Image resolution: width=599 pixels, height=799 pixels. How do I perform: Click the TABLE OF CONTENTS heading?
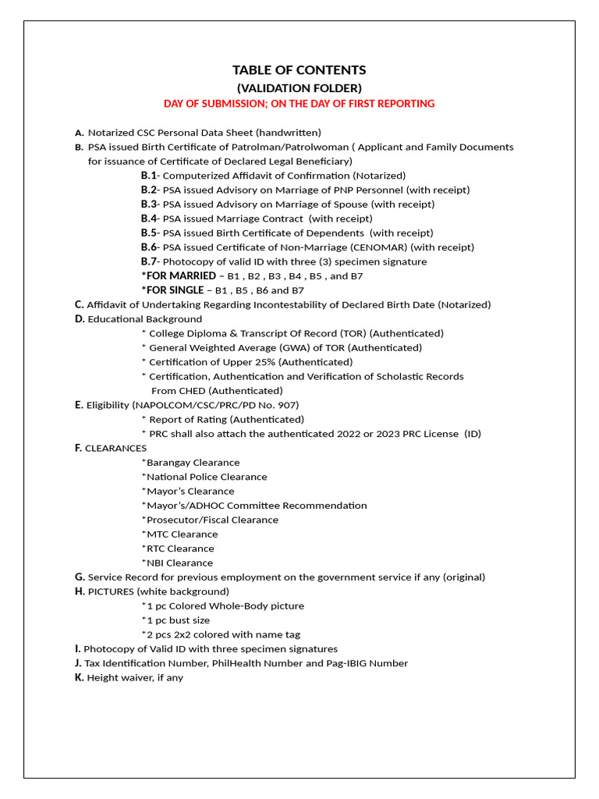pos(299,70)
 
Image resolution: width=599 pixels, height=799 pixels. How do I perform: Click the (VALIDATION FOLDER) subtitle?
pos(299,88)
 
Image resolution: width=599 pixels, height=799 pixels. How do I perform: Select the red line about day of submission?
pos(299,104)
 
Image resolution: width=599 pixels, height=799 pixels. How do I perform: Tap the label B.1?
pos(149,176)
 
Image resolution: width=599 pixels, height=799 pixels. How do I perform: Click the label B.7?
pos(149,261)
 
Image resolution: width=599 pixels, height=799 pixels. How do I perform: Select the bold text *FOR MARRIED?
pos(179,276)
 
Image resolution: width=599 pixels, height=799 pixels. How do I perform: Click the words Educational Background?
pos(144,319)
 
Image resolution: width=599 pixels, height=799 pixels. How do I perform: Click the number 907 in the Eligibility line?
pos(289,405)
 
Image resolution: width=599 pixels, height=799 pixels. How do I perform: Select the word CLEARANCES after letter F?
pos(115,448)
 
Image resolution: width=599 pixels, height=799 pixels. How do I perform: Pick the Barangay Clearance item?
pos(191,463)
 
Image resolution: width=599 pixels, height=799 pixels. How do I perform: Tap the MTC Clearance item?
pos(179,534)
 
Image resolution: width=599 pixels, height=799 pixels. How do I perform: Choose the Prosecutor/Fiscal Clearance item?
pos(210,520)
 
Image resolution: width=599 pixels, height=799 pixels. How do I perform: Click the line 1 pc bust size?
pos(175,620)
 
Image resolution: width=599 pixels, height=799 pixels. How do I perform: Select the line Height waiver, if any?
pos(133,678)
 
